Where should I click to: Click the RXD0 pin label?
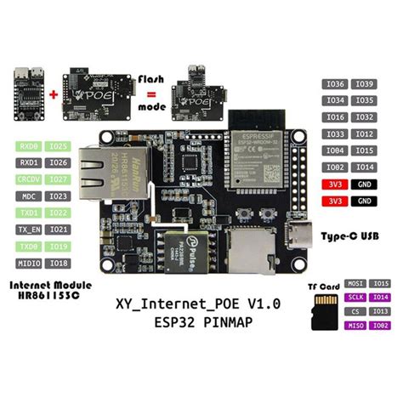pos(29,146)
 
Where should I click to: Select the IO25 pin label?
pos(58,146)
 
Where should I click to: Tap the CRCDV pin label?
pos(29,179)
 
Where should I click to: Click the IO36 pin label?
pos(334,84)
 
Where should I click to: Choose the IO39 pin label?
pos(364,84)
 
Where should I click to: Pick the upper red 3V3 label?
pos(334,184)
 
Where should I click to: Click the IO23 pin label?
pos(58,196)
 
